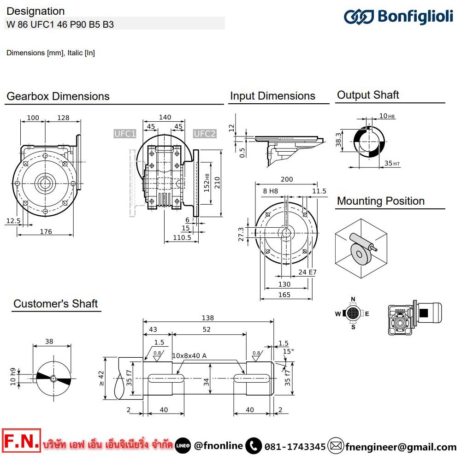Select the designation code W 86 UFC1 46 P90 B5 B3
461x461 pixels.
(x=60, y=24)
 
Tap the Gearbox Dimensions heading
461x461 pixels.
(x=58, y=96)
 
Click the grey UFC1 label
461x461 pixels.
(x=125, y=134)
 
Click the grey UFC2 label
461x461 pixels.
(x=204, y=134)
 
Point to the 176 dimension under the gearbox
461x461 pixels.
(x=46, y=231)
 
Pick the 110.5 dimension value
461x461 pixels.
(x=182, y=237)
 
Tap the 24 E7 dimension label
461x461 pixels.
(x=307, y=272)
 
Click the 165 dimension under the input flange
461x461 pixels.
(x=284, y=295)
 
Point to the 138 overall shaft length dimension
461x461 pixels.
(x=208, y=318)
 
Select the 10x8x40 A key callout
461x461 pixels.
(x=189, y=355)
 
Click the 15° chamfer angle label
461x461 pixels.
(x=287, y=351)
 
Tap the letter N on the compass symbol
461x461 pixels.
(x=353, y=299)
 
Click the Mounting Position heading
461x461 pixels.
(x=381, y=201)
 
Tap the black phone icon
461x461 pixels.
(x=253, y=446)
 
